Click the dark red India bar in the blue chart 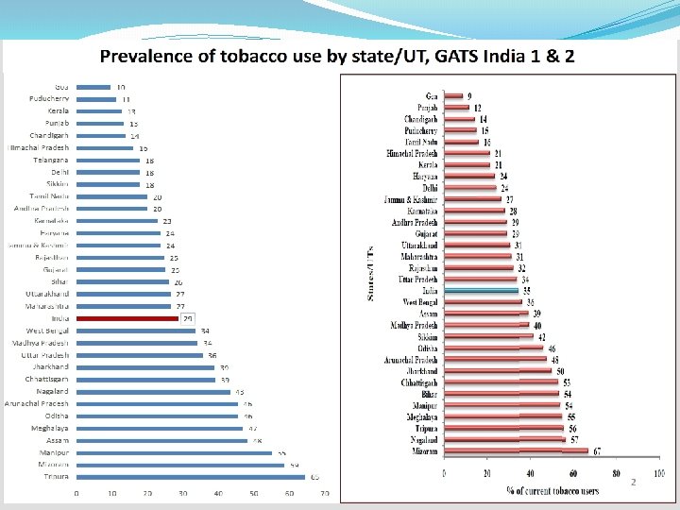[127, 319]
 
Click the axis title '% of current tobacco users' [552, 489]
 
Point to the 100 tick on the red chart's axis [658, 473]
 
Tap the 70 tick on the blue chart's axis [324, 494]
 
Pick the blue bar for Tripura [191, 477]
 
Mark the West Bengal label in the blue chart [47, 331]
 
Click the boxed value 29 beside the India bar [188, 319]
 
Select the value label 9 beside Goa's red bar [469, 96]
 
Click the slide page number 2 [634, 482]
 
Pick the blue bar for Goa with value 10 [93, 87]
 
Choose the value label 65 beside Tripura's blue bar [315, 477]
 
